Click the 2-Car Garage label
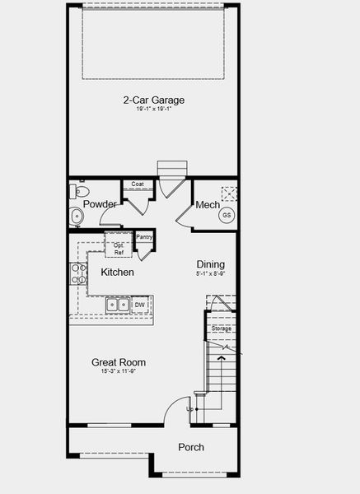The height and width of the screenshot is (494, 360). coord(154,100)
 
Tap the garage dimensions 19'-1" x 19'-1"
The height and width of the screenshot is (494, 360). coord(154,110)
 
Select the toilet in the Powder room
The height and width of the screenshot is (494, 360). coord(80,191)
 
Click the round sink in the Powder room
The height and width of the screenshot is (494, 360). coord(77,217)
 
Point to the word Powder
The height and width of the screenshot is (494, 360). coord(100,204)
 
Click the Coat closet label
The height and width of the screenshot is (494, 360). coord(137,184)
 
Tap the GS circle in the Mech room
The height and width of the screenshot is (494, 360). coord(225,215)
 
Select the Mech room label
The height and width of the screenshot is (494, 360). coord(206,205)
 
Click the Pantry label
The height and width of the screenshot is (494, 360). coord(144,236)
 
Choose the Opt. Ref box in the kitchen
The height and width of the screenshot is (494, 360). coord(118,249)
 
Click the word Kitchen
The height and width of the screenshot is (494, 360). coord(118,272)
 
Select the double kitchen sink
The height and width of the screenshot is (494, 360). coord(116,305)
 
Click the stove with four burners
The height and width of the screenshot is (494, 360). coord(78,273)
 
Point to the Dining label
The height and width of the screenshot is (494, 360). coord(210,264)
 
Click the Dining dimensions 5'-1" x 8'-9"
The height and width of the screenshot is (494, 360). coord(210,273)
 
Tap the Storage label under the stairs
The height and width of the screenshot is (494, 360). coord(222,329)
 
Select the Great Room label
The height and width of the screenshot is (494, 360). coord(119,362)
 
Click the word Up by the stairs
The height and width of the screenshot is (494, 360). coord(190,408)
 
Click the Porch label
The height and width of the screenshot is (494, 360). coord(191,447)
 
